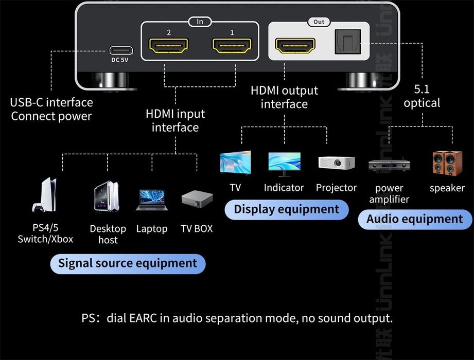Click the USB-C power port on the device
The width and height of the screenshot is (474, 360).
pyautogui.click(x=121, y=50)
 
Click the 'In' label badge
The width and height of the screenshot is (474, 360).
pyautogui.click(x=200, y=22)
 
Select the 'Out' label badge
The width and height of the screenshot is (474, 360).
pyautogui.click(x=319, y=22)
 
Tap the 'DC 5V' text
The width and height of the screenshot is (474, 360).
pyautogui.click(x=121, y=60)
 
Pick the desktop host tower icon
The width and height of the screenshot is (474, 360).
pyautogui.click(x=107, y=196)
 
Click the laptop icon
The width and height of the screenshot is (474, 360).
pyautogui.click(x=151, y=200)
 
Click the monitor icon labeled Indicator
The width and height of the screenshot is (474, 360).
pyautogui.click(x=284, y=164)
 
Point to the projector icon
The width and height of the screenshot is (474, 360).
pyautogui.click(x=336, y=163)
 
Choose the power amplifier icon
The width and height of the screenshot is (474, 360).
pyautogui.click(x=389, y=166)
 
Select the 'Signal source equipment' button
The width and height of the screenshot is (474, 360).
pyautogui.click(x=128, y=263)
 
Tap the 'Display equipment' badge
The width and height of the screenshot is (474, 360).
pyautogui.click(x=287, y=209)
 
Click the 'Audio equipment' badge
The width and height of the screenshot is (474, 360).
pyautogui.click(x=414, y=219)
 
